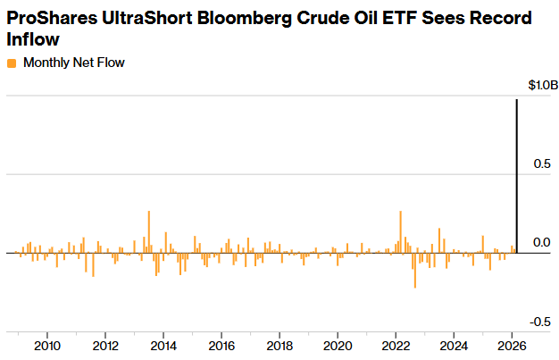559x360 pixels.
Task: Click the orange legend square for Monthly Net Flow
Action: tap(12, 63)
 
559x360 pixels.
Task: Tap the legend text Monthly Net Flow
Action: tap(73, 63)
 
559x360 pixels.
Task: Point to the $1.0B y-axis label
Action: tap(542, 86)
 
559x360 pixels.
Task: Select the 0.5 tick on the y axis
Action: tap(541, 164)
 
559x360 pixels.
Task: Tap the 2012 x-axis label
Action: tap(105, 346)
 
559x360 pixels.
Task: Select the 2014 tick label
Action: tap(163, 346)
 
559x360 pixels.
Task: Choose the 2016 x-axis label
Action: tap(221, 346)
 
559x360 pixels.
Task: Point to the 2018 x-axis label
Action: tap(279, 346)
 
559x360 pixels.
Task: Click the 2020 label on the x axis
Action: tap(338, 346)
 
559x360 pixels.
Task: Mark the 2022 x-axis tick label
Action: tap(396, 346)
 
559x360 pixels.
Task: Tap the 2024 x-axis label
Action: tap(454, 346)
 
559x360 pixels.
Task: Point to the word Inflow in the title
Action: tap(33, 40)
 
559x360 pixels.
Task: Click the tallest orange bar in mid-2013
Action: tap(148, 232)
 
